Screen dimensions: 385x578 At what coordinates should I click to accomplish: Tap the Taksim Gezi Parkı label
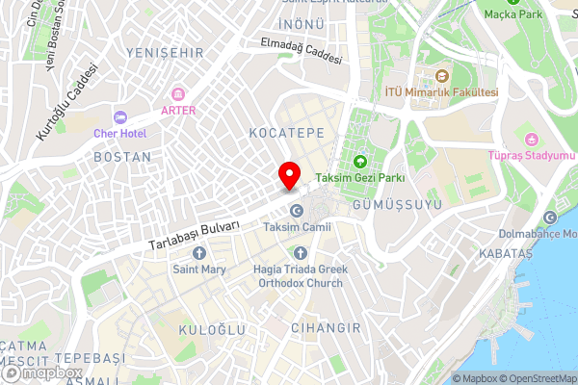point(360,177)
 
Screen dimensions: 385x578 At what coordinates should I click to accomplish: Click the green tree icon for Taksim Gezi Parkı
point(360,161)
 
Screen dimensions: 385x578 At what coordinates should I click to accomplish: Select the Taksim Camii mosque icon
point(297,211)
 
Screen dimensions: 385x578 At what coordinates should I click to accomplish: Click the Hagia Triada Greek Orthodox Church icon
point(297,253)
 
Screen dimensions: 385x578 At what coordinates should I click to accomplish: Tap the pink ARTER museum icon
point(177,94)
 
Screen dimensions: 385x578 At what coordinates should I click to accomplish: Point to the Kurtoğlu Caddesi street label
point(67,103)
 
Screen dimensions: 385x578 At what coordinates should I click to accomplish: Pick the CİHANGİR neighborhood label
point(328,328)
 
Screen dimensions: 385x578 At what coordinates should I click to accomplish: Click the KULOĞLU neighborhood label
point(213,329)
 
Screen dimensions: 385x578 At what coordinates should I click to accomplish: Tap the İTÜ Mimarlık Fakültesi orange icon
point(442,76)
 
